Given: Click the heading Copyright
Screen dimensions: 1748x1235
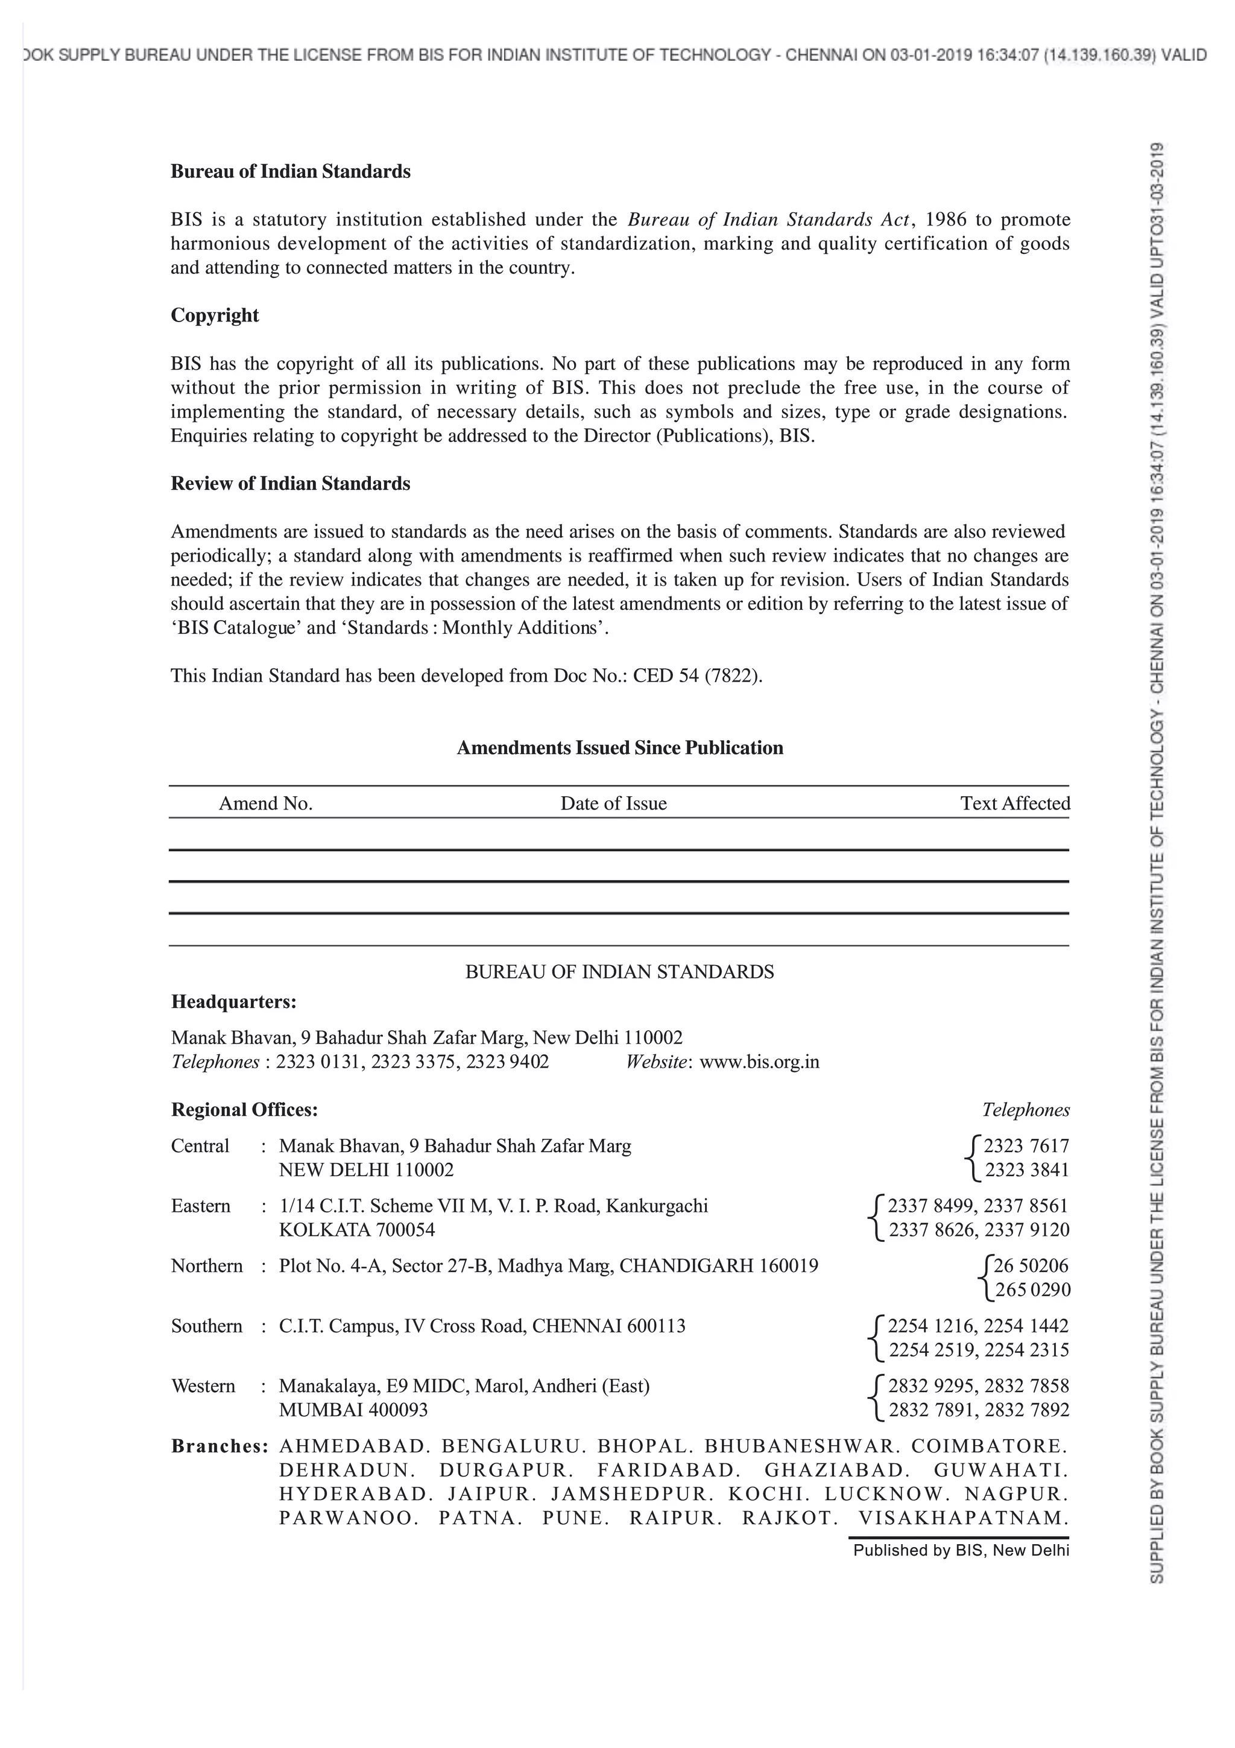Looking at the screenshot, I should tap(215, 315).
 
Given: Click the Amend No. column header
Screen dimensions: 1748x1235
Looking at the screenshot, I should tap(265, 803).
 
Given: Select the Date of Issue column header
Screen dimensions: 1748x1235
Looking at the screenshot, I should tap(613, 803).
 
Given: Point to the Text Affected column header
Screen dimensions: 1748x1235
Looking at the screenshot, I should tap(1014, 803).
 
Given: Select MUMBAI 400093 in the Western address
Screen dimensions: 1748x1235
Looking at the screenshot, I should tap(353, 1410).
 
